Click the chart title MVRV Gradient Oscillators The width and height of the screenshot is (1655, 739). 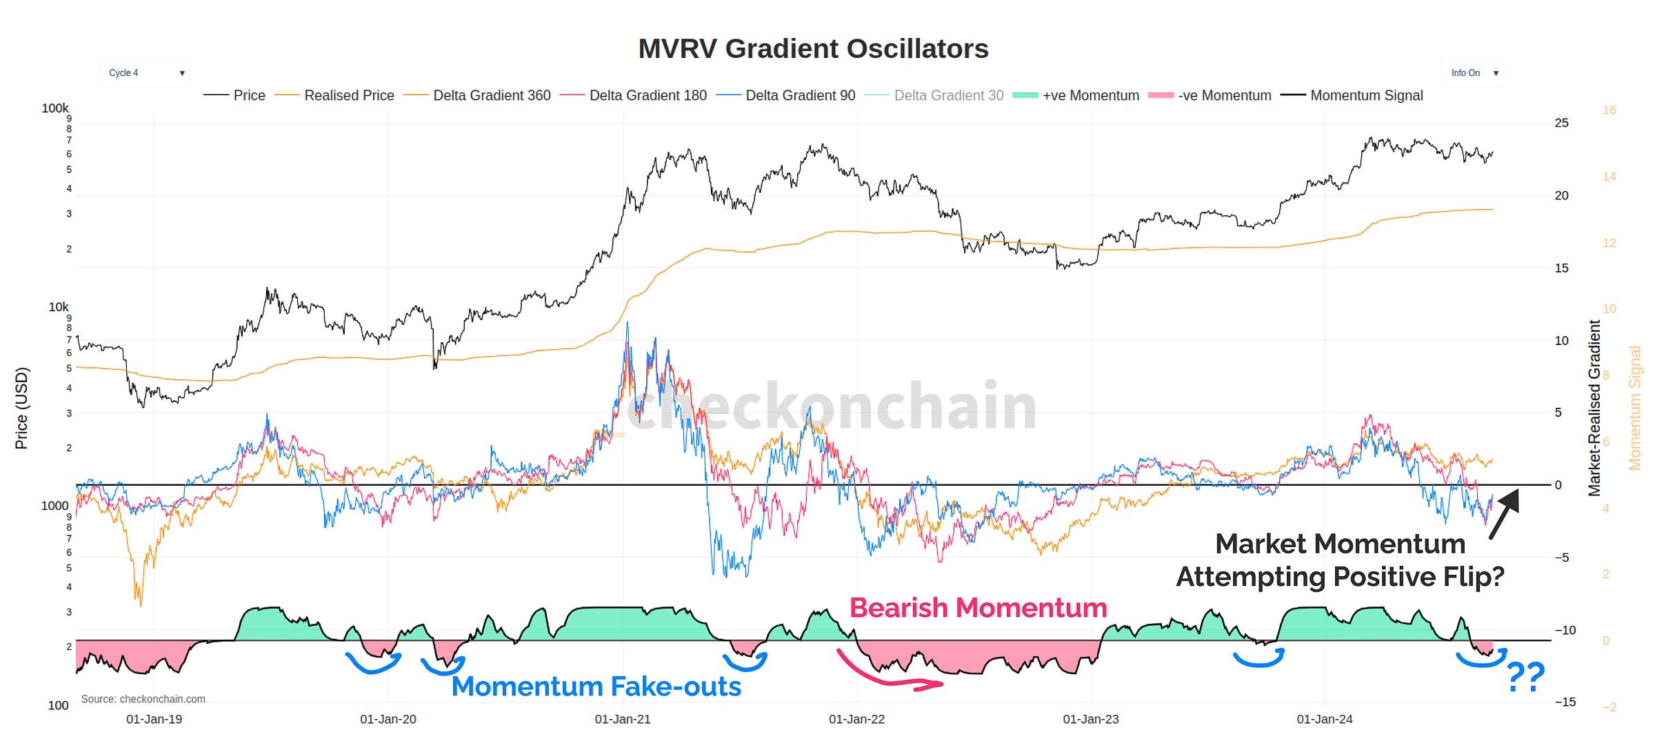pyautogui.click(x=813, y=49)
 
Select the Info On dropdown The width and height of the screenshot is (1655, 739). pyautogui.click(x=1472, y=73)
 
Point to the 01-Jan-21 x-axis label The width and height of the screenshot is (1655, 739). pyautogui.click(x=622, y=719)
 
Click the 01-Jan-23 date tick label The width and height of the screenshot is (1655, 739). pyautogui.click(x=1090, y=719)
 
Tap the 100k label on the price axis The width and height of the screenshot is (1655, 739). pyautogui.click(x=55, y=108)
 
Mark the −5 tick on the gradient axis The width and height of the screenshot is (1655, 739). pyautogui.click(x=1561, y=558)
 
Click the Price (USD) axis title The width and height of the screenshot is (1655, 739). pyautogui.click(x=22, y=408)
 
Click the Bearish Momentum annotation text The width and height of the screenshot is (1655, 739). pyautogui.click(x=978, y=608)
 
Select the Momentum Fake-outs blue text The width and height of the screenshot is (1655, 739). pyautogui.click(x=596, y=687)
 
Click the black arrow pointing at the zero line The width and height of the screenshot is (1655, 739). pyautogui.click(x=1505, y=513)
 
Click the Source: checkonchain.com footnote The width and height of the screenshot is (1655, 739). pyautogui.click(x=143, y=699)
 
